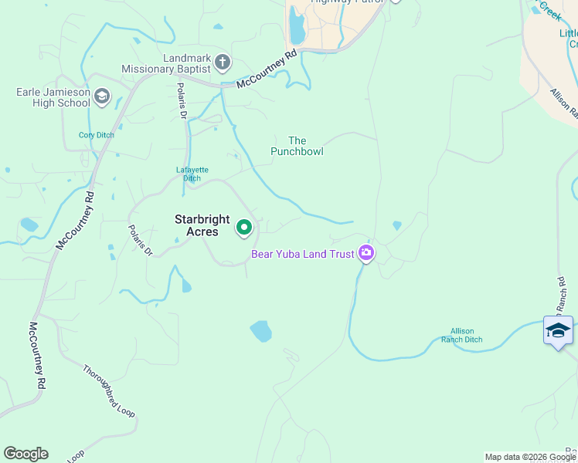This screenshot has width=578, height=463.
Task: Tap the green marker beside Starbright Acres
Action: click(x=244, y=227)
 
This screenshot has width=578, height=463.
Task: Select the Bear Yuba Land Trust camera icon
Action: click(x=366, y=252)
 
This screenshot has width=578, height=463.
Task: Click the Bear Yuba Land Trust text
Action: click(x=302, y=253)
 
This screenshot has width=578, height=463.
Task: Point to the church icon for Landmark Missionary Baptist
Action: click(x=223, y=62)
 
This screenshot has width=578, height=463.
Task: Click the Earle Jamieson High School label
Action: click(x=53, y=97)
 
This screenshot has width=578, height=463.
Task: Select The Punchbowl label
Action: click(x=297, y=146)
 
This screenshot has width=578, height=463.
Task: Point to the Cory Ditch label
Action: click(x=97, y=135)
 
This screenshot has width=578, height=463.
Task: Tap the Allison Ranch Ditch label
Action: click(x=462, y=335)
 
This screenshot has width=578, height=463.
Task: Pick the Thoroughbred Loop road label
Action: click(x=109, y=390)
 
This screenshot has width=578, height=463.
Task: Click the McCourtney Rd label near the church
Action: click(x=267, y=69)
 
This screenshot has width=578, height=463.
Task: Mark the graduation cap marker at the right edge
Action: click(x=558, y=330)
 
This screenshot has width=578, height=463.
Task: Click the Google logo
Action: click(x=25, y=454)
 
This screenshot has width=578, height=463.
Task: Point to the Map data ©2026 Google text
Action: click(x=529, y=457)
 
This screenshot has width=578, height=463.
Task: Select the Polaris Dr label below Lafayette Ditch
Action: click(x=141, y=240)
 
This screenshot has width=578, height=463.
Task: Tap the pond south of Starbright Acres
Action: click(x=261, y=331)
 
